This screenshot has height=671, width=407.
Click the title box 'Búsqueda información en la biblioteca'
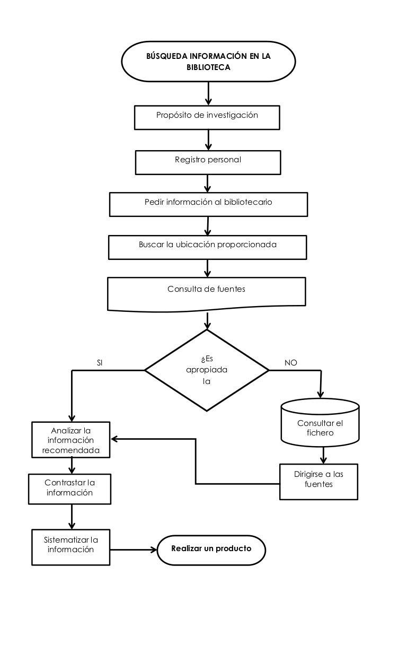pos(208,62)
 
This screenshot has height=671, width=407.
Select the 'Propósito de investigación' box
pos(207,117)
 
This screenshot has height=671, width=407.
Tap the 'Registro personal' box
pos(208,162)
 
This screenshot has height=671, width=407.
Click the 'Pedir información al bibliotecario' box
pos(208,204)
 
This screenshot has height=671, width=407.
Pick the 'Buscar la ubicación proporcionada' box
pos(207,247)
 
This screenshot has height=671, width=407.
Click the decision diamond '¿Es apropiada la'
pos(207,370)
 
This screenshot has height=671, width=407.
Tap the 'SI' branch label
pos(100,363)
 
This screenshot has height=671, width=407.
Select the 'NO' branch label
pos(290,363)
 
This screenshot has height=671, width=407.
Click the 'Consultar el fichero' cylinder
pos(320,423)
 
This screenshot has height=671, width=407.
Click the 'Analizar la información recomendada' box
pos(71,440)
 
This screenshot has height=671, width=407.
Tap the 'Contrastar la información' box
pos(70,489)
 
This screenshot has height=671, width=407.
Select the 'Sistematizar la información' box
pos(71,547)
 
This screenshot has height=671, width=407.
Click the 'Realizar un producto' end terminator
pos(211,550)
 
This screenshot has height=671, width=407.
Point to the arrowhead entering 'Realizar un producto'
pos(154,550)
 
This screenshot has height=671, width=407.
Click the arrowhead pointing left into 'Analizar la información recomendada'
pos(114,439)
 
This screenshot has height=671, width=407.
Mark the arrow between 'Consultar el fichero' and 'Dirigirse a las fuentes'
pos(323,455)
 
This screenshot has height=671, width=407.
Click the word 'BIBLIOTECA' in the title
pos(208,67)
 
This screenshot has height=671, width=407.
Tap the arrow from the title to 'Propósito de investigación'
pos(208,93)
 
